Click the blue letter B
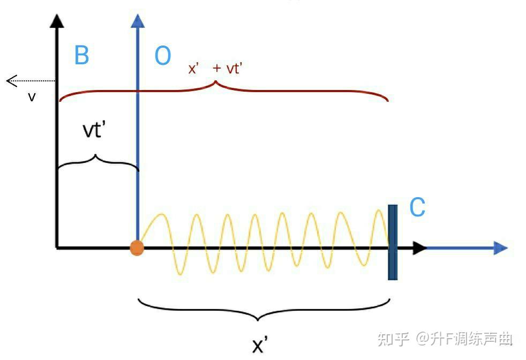(81, 56)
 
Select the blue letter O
(163, 56)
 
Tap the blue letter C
(417, 208)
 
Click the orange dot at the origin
(137, 248)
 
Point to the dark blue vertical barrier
(393, 242)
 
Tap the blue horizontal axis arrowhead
(500, 247)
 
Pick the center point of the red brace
(215, 84)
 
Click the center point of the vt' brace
(96, 157)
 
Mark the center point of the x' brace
(258, 318)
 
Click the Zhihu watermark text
(445, 339)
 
